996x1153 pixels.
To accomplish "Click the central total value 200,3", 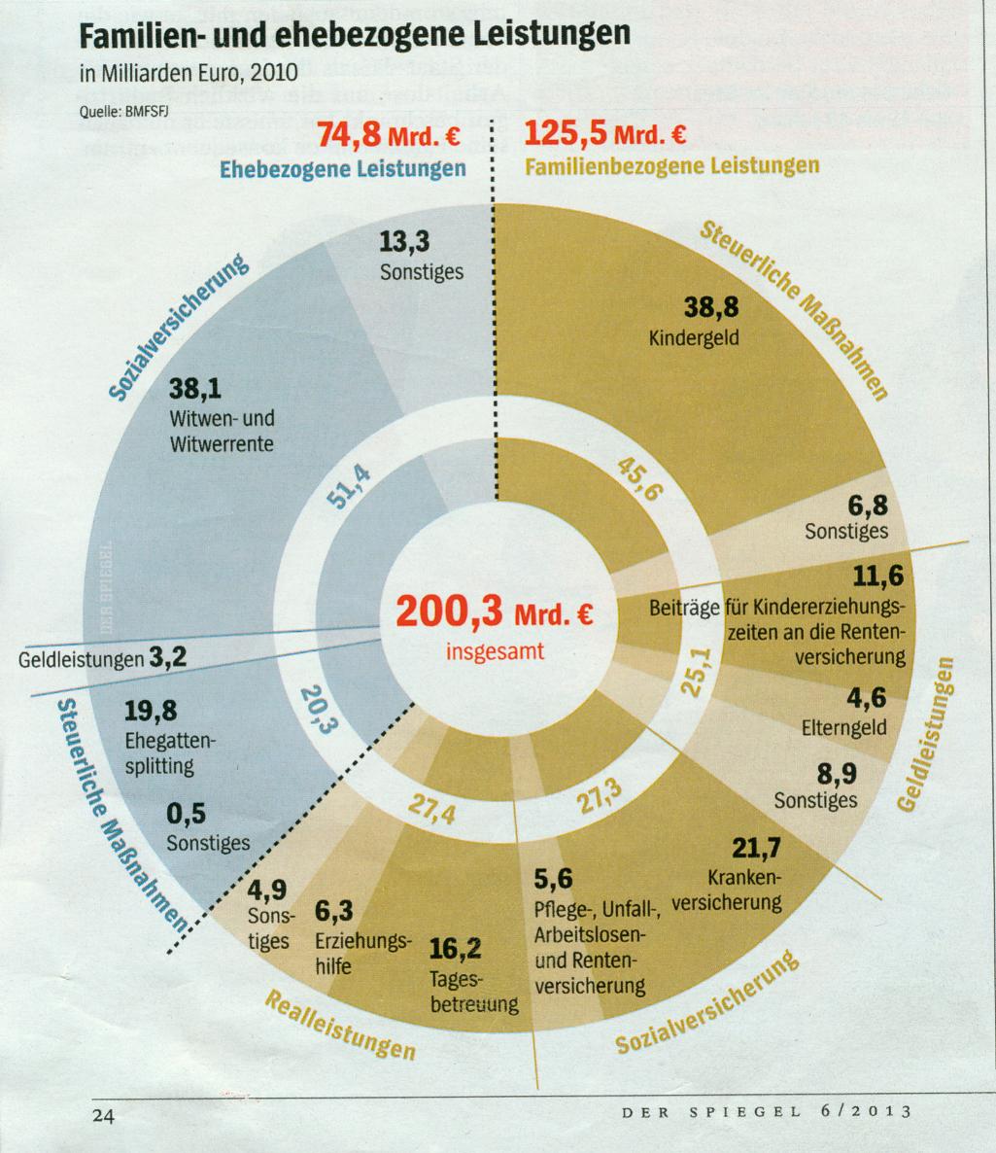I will click(x=448, y=611).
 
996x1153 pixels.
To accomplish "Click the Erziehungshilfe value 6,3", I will click(x=333, y=911).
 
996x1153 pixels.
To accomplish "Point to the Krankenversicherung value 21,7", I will click(x=755, y=848).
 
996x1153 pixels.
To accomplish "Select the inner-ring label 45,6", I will click(x=639, y=477).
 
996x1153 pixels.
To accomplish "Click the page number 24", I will click(x=102, y=1114).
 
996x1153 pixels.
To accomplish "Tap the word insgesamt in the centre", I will click(x=495, y=650).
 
